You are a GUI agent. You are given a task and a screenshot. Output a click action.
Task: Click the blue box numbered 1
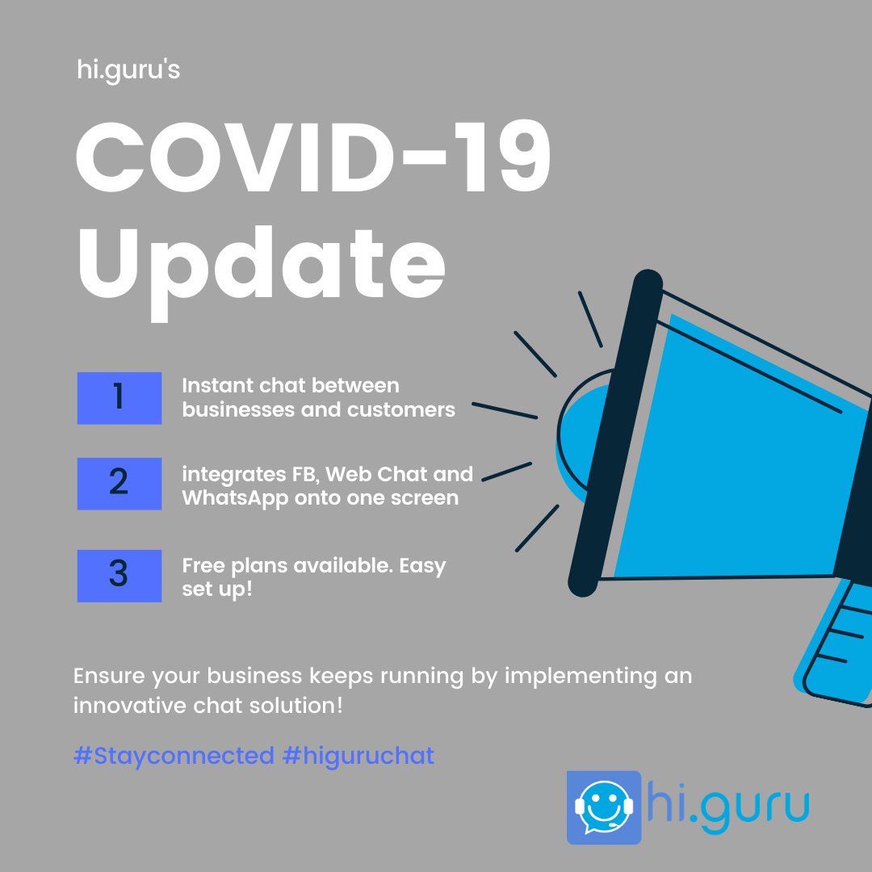point(119,398)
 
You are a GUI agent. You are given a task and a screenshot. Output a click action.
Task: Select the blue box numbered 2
point(119,484)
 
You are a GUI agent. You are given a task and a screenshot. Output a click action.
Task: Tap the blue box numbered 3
point(119,576)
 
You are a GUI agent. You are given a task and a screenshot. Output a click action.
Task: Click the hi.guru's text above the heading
point(126,70)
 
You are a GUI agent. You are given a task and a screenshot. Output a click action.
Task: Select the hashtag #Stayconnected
point(174,757)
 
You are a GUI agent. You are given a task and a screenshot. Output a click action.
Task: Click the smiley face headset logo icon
point(603,807)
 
